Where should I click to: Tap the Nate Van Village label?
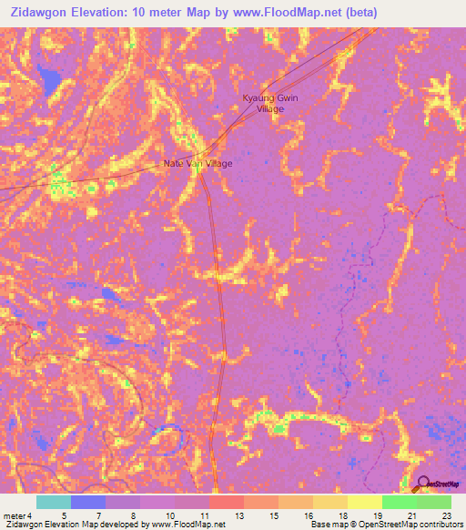tap(198, 164)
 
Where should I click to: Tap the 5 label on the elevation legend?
tap(63, 515)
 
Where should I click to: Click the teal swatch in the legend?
tap(53, 502)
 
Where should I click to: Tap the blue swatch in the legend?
tap(87, 502)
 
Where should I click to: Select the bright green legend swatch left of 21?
tap(399, 502)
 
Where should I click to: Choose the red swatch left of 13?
tap(226, 502)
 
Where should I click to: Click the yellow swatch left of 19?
tap(364, 502)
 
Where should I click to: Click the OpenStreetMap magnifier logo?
tap(421, 484)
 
